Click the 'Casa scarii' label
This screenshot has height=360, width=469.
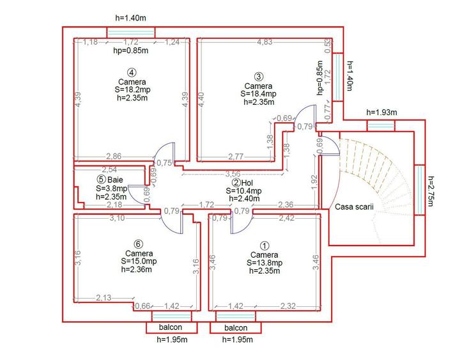point(353,208)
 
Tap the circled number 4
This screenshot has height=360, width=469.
point(131,72)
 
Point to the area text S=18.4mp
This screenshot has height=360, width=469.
point(258,94)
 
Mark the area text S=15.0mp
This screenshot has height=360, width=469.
point(134,261)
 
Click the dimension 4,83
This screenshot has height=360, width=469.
point(265,42)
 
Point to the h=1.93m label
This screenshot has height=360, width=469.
point(381,113)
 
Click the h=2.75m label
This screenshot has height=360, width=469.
point(432,192)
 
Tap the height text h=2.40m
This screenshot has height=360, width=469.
point(245,199)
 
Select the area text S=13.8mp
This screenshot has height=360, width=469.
point(264,262)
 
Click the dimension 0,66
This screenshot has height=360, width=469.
point(141,307)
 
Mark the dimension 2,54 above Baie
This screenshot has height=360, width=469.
point(109,170)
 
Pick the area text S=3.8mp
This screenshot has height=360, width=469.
point(112,189)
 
